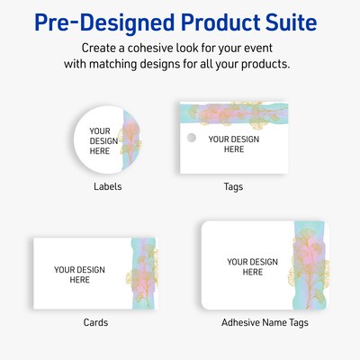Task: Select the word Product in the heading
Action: pyautogui.click(x=210, y=20)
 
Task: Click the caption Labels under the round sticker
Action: pyautogui.click(x=107, y=186)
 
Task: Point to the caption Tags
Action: pyautogui.click(x=234, y=186)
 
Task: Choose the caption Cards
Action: pyautogui.click(x=95, y=321)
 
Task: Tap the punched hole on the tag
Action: pyautogui.click(x=191, y=139)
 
